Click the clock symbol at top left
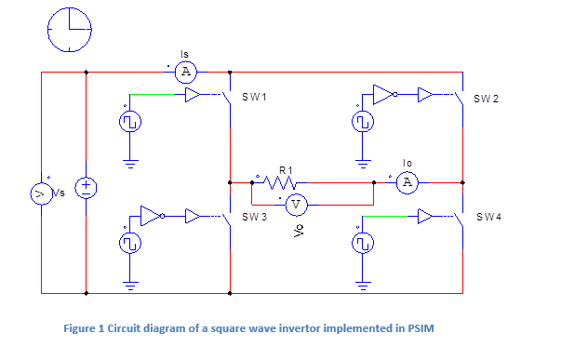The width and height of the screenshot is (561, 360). click(x=71, y=30)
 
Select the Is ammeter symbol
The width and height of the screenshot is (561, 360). click(x=185, y=72)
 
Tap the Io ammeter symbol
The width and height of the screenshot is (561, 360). click(x=406, y=182)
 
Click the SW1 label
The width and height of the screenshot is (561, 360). click(x=255, y=98)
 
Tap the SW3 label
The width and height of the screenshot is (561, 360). click(x=255, y=217)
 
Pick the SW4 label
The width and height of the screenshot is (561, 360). click(x=489, y=217)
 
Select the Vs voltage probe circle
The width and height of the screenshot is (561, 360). click(x=41, y=193)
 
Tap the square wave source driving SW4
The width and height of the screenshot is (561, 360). click(x=363, y=244)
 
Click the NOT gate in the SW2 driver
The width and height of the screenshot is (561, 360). click(x=382, y=94)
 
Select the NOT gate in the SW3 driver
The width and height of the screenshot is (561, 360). click(x=151, y=217)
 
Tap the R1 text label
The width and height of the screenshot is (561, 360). click(x=287, y=170)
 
